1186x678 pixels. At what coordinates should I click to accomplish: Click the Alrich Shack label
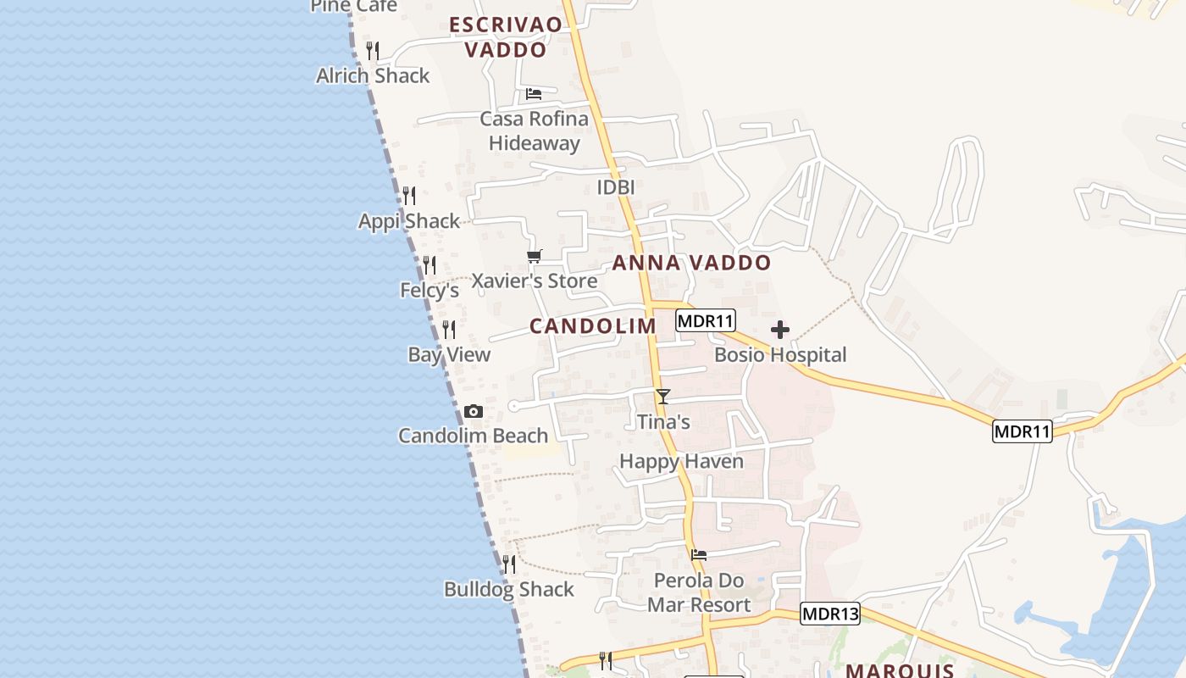point(373,75)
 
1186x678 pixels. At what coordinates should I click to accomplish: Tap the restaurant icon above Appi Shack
point(409,196)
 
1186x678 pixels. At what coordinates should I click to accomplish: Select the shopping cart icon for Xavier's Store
point(535,256)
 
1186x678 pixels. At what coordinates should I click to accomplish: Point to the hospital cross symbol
point(780,330)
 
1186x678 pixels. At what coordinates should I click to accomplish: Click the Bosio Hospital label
point(780,354)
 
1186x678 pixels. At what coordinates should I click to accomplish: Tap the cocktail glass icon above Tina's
point(663,396)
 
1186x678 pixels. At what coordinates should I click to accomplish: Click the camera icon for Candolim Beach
point(474,412)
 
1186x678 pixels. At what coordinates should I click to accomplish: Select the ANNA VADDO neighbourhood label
point(691,263)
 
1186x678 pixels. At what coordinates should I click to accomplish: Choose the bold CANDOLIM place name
point(593,325)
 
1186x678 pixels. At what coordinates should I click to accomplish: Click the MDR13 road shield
point(830,614)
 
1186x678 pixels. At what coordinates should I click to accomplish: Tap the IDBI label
point(616,187)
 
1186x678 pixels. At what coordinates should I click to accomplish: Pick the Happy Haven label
point(681,461)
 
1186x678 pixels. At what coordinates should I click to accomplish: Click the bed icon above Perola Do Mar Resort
point(699,555)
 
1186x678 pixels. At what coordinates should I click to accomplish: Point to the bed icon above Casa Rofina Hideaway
point(534,93)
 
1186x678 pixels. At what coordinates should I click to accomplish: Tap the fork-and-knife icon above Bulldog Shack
point(508,564)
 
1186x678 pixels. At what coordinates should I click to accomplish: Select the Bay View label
point(449,354)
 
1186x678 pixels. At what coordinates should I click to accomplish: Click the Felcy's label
point(430,290)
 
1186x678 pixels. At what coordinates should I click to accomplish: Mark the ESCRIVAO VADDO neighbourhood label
point(506,37)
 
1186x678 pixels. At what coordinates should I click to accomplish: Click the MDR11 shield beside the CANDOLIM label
point(706,320)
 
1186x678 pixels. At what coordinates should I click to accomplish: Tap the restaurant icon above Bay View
point(449,330)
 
